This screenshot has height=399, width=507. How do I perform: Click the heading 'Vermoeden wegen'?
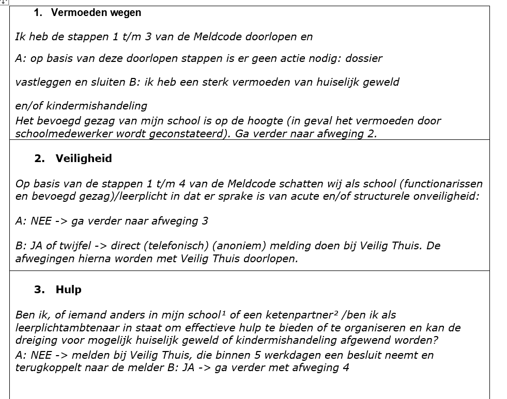[96, 13]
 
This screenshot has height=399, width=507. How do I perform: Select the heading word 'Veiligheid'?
[84, 158]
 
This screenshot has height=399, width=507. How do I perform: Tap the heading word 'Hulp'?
[69, 290]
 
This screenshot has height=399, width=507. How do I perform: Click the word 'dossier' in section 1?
[364, 58]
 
